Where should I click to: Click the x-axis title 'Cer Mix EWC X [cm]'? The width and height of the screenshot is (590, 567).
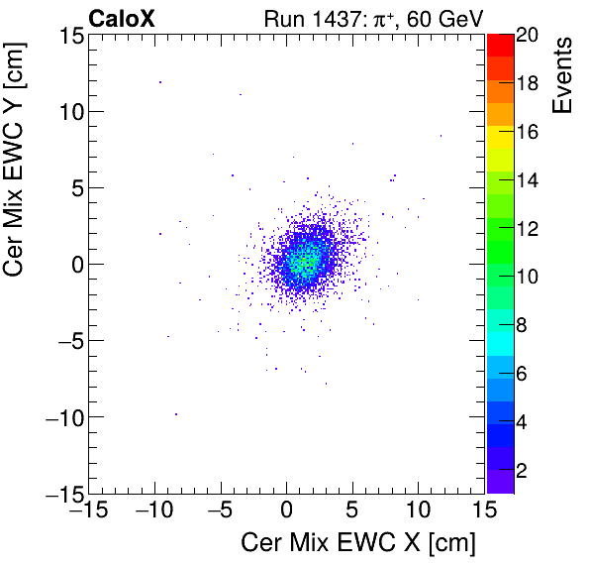tap(358, 543)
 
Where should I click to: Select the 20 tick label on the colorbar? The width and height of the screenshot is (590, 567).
tap(526, 36)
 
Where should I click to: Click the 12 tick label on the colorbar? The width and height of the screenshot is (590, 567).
tap(526, 228)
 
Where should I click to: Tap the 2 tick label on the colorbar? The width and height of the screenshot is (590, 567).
tap(521, 469)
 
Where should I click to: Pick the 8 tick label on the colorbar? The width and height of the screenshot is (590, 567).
tap(521, 324)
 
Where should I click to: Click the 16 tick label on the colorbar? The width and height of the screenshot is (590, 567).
tap(526, 132)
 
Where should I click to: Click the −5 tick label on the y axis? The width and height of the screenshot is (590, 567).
tap(64, 340)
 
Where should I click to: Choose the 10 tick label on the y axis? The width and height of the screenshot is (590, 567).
tap(66, 111)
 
